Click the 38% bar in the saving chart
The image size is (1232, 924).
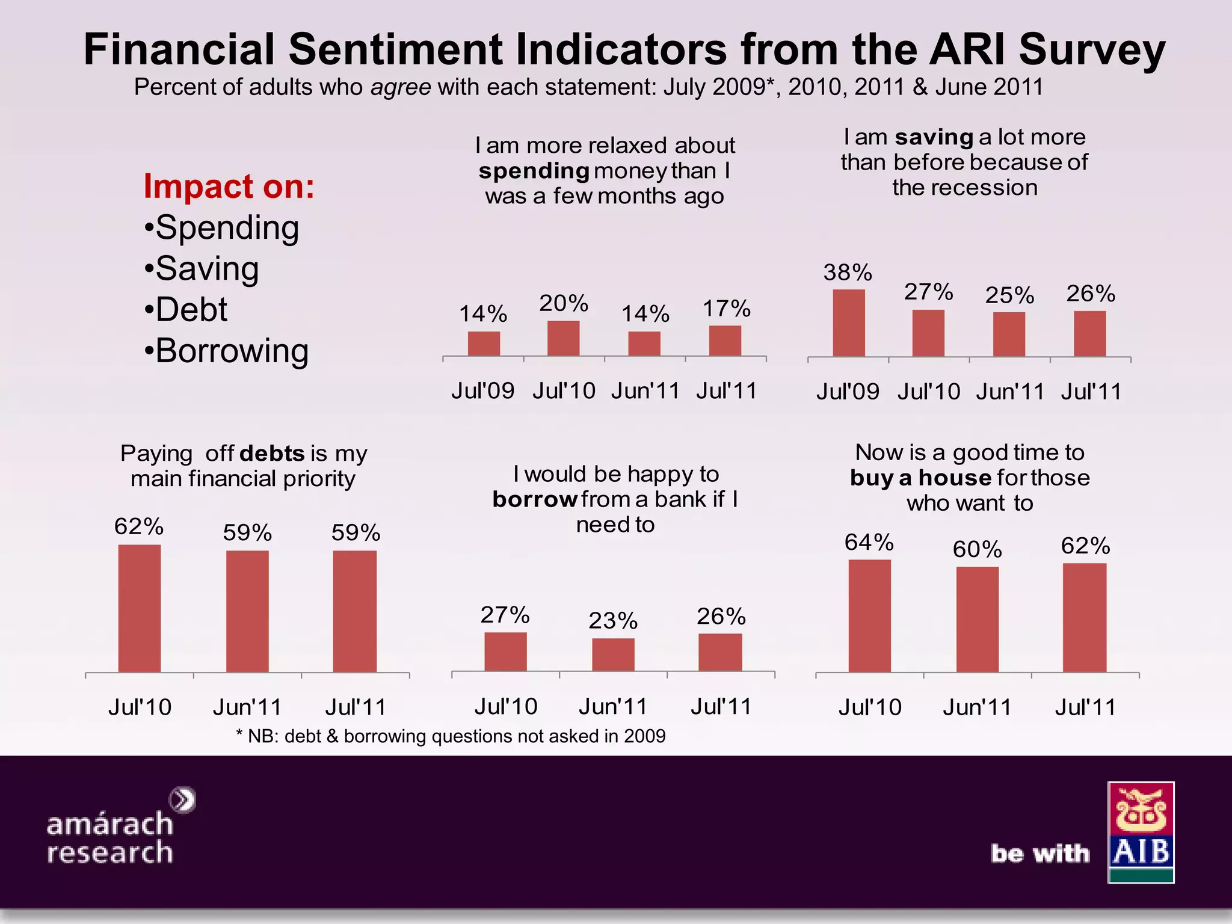click(848, 323)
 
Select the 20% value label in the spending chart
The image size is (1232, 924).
click(563, 303)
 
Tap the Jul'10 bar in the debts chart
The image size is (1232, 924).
click(139, 608)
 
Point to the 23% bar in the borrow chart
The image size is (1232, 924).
click(613, 654)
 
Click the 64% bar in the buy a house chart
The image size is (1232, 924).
click(869, 615)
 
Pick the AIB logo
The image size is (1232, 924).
click(1141, 832)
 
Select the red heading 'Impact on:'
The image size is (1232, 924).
click(229, 186)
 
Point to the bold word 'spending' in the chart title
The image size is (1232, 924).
click(534, 171)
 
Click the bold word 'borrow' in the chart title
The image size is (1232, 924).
click(535, 499)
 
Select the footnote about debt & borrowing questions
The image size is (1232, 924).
click(451, 736)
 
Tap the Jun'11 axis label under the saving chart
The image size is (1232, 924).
click(1009, 392)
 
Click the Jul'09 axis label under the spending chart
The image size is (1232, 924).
click(482, 391)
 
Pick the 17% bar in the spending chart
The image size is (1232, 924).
click(725, 340)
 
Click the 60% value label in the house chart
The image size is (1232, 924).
click(977, 549)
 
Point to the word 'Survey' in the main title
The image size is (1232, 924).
click(1092, 49)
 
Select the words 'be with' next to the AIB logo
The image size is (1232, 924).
click(1040, 854)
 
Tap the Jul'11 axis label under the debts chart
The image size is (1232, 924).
click(355, 707)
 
